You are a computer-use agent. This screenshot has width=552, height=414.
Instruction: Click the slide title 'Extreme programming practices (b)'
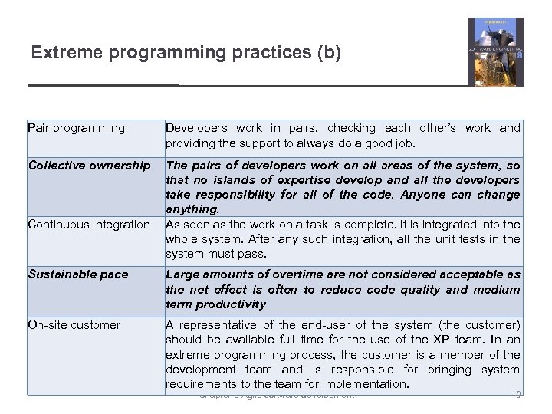(x=186, y=53)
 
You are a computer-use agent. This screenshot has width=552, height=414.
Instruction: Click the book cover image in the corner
(x=495, y=51)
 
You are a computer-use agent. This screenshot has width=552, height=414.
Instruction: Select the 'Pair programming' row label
(x=76, y=128)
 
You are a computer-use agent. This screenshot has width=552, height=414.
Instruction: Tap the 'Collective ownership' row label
(x=89, y=165)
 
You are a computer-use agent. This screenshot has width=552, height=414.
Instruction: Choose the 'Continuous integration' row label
(x=89, y=224)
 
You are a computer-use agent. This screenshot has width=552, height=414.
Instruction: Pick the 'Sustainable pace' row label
(x=78, y=274)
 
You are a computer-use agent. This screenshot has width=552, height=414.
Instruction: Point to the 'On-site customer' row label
(x=74, y=324)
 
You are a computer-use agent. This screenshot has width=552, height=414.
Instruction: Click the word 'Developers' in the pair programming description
(x=196, y=128)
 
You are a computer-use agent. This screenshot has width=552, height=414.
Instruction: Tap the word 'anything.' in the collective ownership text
(x=192, y=209)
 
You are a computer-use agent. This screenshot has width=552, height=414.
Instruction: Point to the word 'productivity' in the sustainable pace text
(x=229, y=304)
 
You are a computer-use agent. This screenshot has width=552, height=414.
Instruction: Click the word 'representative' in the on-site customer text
(x=215, y=324)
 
